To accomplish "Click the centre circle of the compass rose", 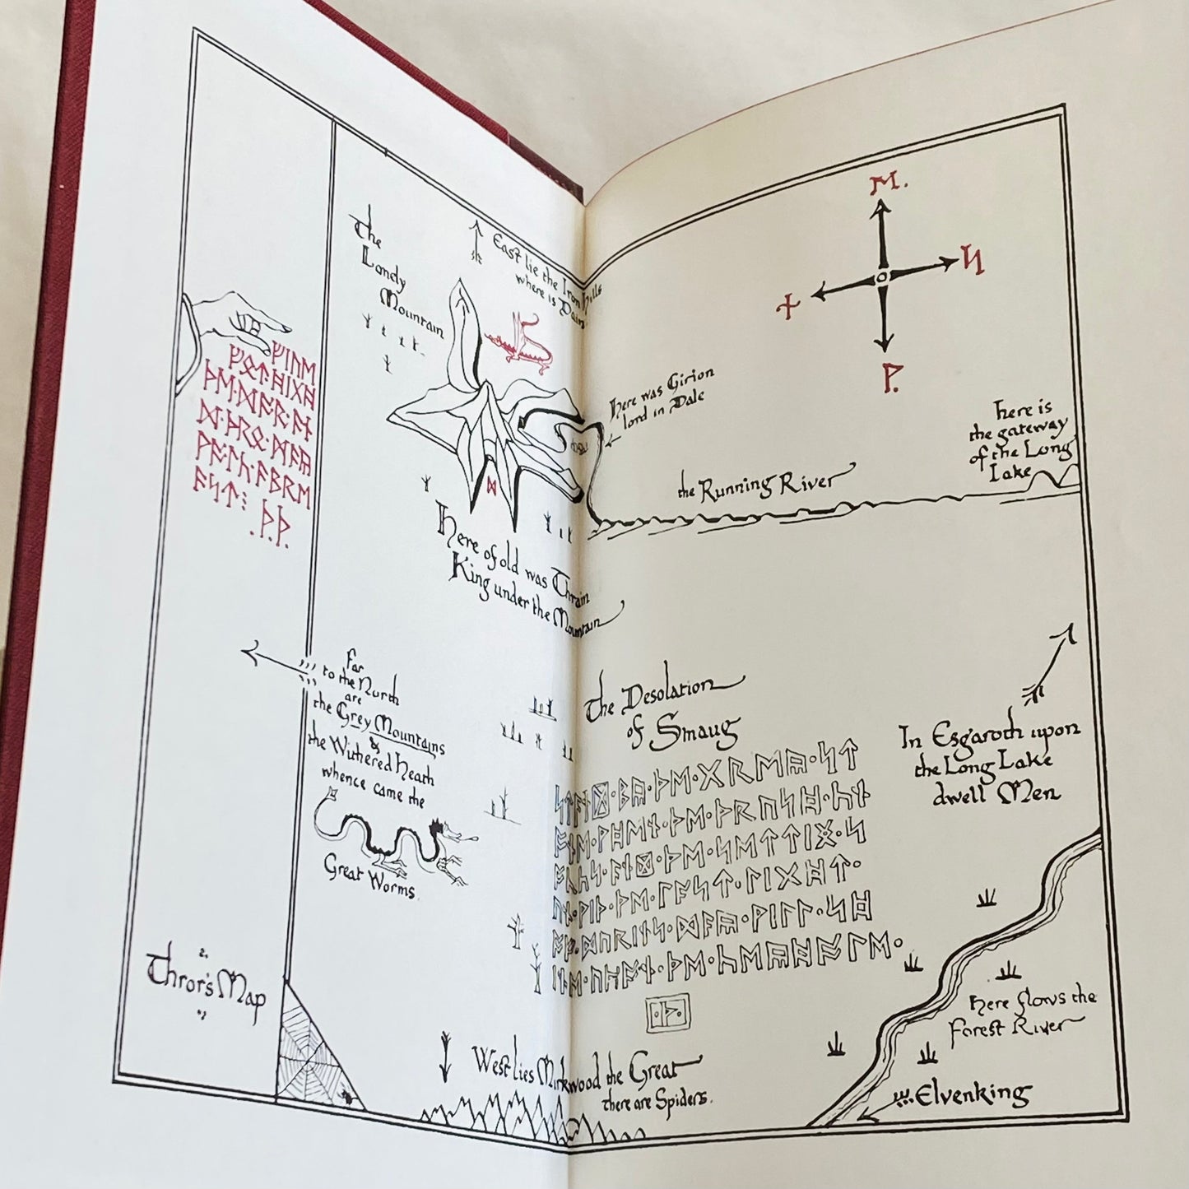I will coord(880,277).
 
